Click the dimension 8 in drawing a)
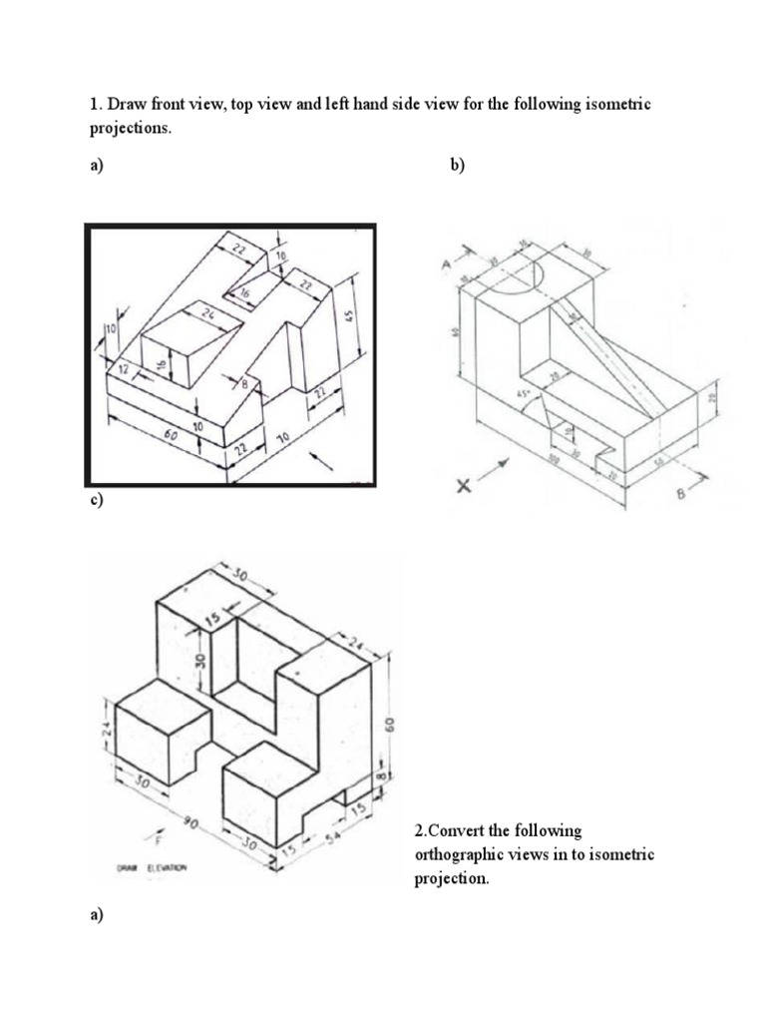242,384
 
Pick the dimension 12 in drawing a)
124,370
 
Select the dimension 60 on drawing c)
391,721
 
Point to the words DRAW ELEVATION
152,867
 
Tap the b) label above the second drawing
458,167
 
